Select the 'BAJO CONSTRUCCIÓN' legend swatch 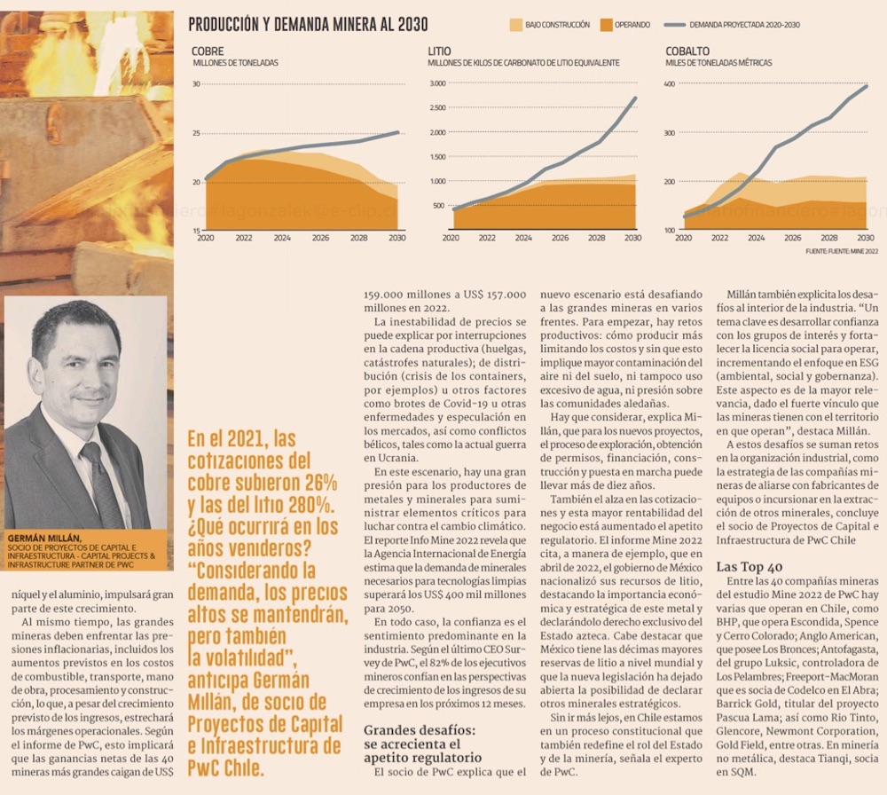point(516,26)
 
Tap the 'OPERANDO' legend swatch point(607,26)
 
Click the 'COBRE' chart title point(208,51)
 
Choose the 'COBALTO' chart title point(687,51)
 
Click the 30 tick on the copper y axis point(196,84)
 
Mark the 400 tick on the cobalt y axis point(670,84)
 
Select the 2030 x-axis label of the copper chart point(396,238)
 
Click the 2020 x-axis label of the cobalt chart point(683,238)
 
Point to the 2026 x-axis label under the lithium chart point(560,238)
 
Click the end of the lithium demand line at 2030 point(635,98)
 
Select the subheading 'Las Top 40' point(750,566)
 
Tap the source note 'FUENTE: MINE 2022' point(843,251)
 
